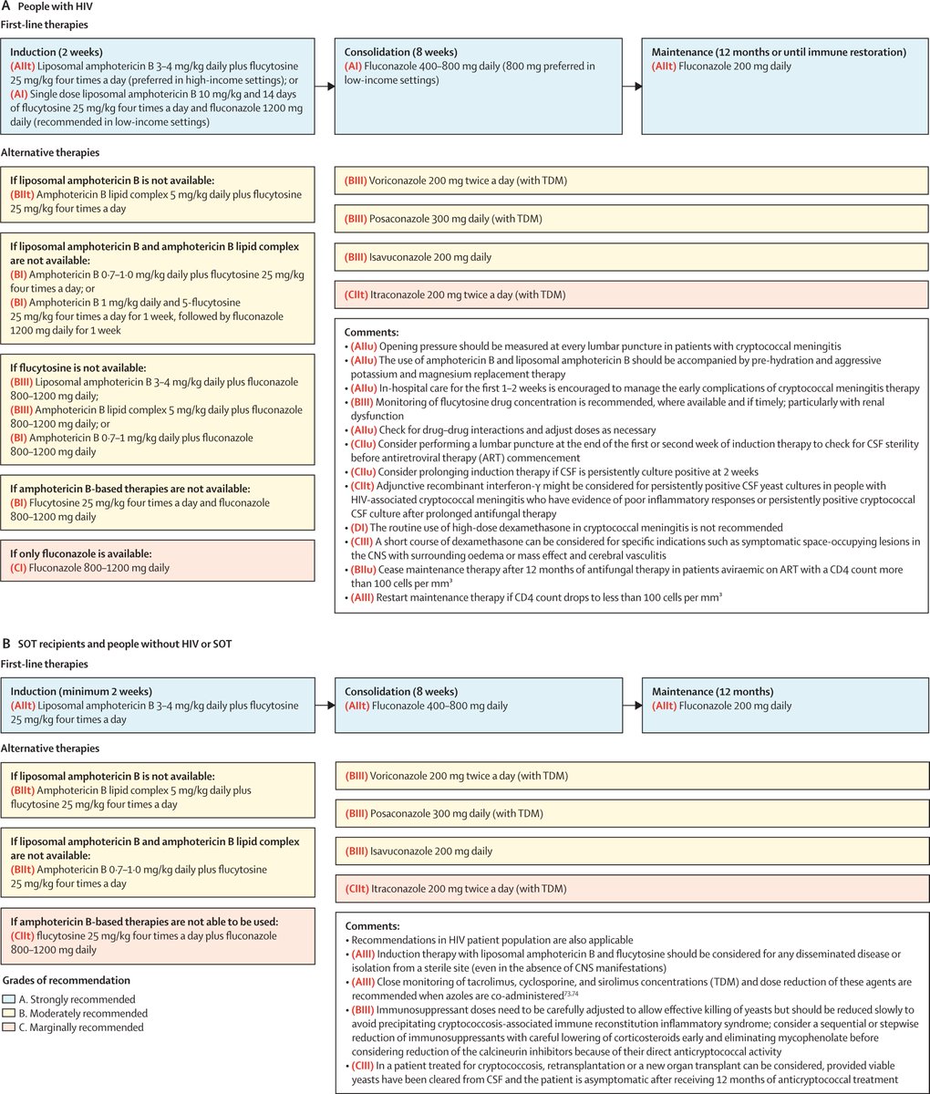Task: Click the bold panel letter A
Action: (6, 7)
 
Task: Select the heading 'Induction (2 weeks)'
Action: (57, 52)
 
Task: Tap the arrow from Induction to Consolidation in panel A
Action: (325, 87)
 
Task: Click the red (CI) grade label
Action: (21, 568)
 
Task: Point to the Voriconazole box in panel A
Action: (632, 181)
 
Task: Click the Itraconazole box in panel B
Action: (632, 888)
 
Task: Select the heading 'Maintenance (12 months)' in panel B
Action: (712, 691)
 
